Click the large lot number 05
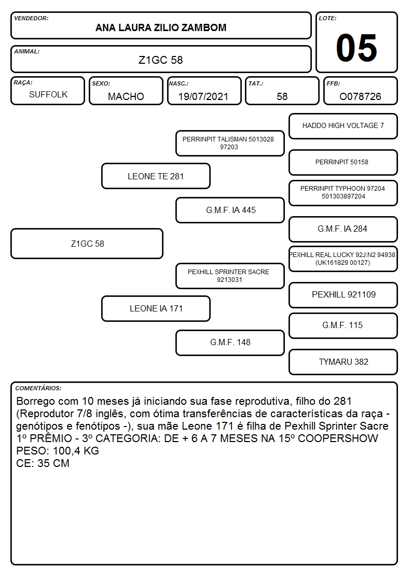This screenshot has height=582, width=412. click(356, 48)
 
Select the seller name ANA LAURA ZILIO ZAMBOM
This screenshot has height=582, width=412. click(161, 28)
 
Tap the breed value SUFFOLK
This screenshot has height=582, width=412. click(48, 95)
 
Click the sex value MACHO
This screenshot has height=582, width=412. click(126, 96)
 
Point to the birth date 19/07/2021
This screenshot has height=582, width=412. click(203, 96)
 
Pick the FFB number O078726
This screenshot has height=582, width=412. click(360, 96)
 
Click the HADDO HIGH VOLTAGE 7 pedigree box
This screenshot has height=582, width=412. click(344, 126)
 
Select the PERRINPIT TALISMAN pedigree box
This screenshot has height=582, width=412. click(230, 143)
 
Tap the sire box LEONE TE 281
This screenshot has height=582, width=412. click(156, 176)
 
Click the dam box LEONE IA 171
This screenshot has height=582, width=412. click(156, 308)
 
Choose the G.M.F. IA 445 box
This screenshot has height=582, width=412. click(230, 210)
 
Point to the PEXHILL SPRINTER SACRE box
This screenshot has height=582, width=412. click(230, 276)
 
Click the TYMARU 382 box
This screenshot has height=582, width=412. click(344, 362)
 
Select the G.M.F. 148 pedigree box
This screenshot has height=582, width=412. click(230, 343)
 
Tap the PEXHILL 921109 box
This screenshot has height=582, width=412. click(344, 295)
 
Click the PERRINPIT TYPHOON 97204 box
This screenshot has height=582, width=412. click(344, 193)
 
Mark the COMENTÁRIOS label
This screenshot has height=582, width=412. click(38, 388)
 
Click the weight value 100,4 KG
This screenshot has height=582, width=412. click(76, 451)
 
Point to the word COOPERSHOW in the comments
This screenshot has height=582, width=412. click(338, 438)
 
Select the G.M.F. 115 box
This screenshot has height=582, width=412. click(344, 325)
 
